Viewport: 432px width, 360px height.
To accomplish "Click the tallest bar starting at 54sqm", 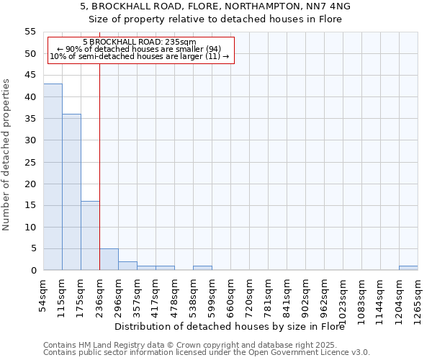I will click(x=53, y=176).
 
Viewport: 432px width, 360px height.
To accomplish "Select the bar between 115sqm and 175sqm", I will click(x=71, y=192).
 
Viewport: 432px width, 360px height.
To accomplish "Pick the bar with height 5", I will click(x=109, y=259).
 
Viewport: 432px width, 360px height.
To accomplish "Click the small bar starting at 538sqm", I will click(x=202, y=268).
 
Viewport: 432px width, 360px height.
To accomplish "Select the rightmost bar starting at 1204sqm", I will click(x=408, y=268).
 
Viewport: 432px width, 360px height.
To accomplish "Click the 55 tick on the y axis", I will click(x=30, y=32).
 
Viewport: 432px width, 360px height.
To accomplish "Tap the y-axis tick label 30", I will click(x=30, y=140).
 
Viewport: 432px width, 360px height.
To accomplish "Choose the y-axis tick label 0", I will click(x=33, y=271).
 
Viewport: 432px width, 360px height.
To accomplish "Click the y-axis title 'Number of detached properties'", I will click(x=6, y=155).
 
